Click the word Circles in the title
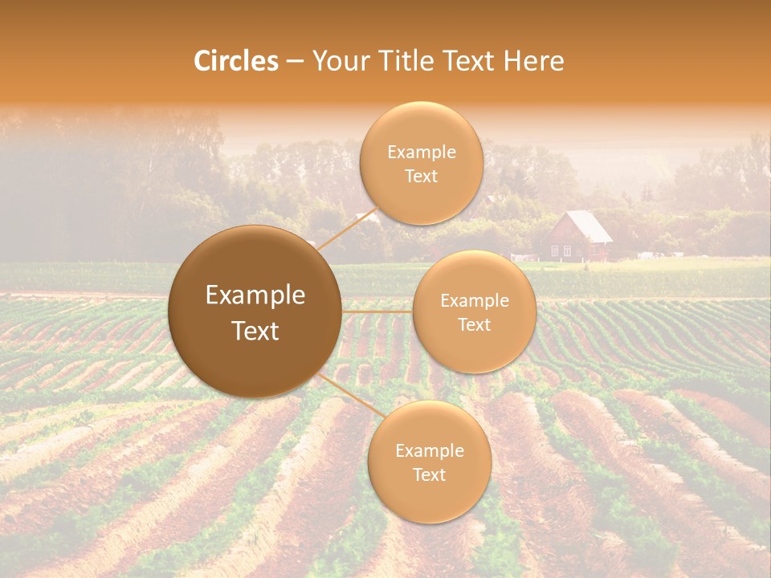(236, 61)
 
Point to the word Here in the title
(533, 61)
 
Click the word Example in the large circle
(255, 295)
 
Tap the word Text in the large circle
(255, 331)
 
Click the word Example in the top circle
(421, 152)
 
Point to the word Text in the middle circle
(474, 324)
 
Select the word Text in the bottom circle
(429, 474)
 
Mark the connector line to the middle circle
(377, 311)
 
